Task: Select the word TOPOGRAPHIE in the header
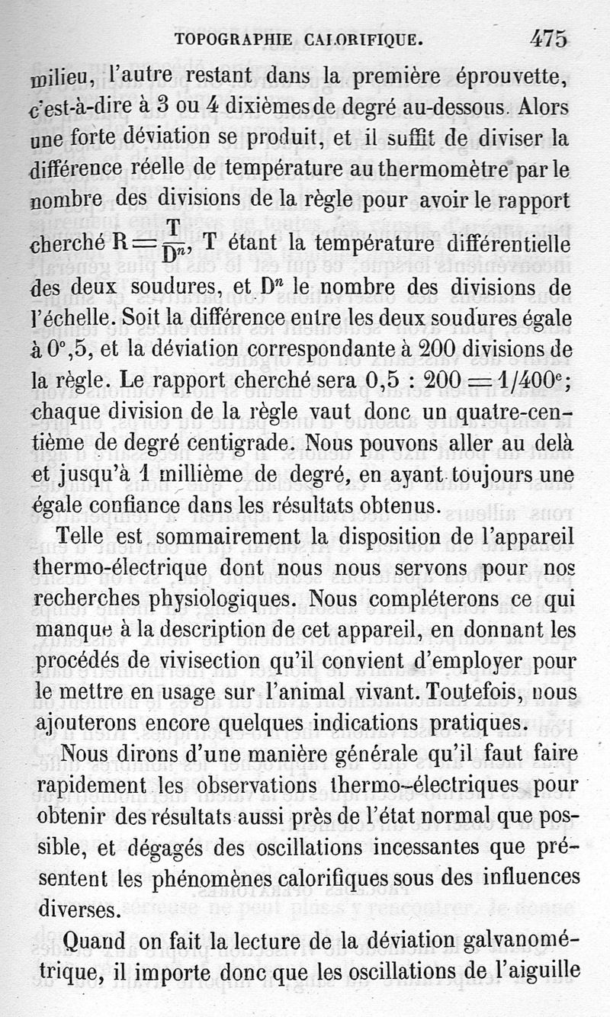[231, 40]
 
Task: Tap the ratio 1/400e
[522, 379]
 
